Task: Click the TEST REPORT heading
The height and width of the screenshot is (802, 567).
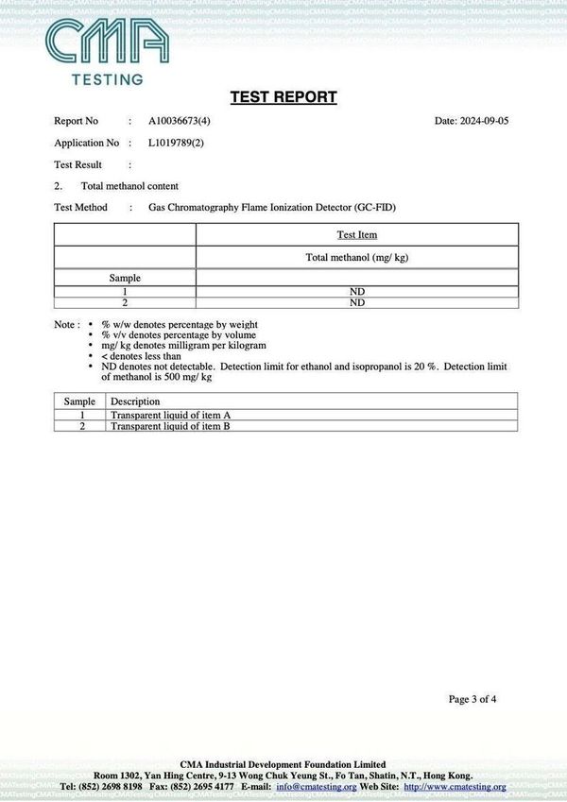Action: click(283, 97)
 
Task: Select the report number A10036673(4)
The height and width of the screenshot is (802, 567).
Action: click(180, 121)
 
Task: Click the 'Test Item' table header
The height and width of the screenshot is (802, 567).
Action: click(356, 235)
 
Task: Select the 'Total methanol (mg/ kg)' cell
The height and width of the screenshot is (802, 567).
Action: click(356, 257)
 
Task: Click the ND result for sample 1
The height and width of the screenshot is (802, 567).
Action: click(356, 292)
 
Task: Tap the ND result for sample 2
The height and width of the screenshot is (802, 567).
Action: click(356, 303)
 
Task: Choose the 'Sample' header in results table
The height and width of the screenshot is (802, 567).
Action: click(125, 279)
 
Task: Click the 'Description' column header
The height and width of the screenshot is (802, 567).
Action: click(135, 401)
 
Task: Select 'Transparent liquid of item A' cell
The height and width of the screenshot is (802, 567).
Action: click(171, 415)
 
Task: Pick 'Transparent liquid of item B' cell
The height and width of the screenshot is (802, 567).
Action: click(171, 426)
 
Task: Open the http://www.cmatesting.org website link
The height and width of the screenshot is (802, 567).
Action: click(455, 786)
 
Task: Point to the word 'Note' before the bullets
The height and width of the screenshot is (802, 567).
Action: click(64, 324)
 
